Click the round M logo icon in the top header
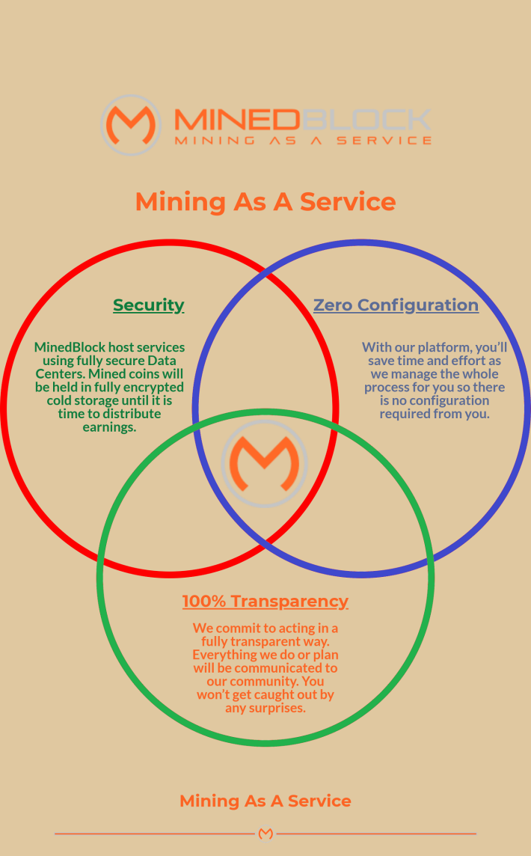coord(131,125)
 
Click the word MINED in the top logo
coord(237,120)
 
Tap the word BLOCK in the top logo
coord(366,120)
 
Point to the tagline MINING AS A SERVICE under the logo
coord(303,141)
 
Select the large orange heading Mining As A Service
coord(265,201)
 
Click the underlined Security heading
coord(148,305)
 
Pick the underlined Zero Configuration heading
coord(396,305)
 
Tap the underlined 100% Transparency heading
coord(265,601)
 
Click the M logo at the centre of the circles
coord(265,463)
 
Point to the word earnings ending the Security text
coord(109,427)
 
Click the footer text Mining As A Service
coord(265,801)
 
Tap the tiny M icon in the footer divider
coord(265,834)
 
